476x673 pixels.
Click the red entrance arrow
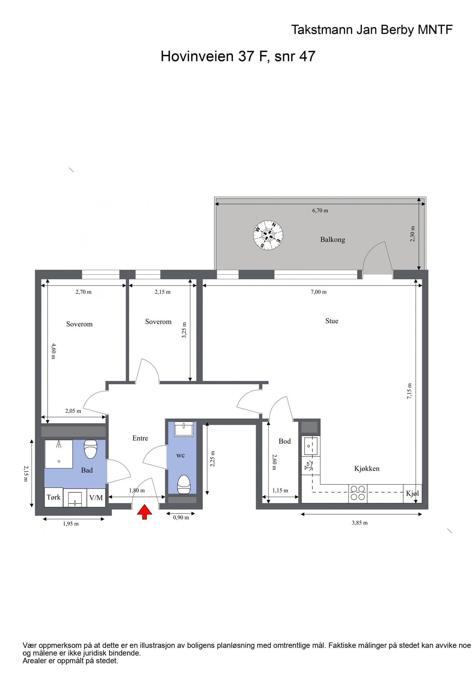pyautogui.click(x=144, y=512)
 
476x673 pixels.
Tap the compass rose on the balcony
pyautogui.click(x=268, y=235)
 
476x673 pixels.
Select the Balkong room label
pyautogui.click(x=333, y=240)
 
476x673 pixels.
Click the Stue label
pyautogui.click(x=332, y=321)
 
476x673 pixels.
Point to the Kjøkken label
pyautogui.click(x=367, y=469)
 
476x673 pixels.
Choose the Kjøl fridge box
pyautogui.click(x=413, y=494)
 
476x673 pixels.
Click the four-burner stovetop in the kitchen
pyautogui.click(x=358, y=494)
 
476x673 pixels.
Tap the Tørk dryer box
pyautogui.click(x=54, y=497)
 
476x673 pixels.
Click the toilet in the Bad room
pyautogui.click(x=91, y=449)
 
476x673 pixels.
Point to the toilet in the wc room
pyautogui.click(x=184, y=485)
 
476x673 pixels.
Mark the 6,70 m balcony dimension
pyautogui.click(x=320, y=211)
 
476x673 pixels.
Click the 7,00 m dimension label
pyautogui.click(x=319, y=292)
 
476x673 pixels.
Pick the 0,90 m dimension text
pyautogui.click(x=181, y=518)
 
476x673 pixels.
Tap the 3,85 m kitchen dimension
pyautogui.click(x=360, y=523)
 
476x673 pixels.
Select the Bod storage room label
pyautogui.click(x=285, y=441)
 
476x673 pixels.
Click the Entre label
pyautogui.click(x=140, y=438)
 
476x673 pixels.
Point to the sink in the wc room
pyautogui.click(x=183, y=429)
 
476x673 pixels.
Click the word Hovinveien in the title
pyautogui.click(x=197, y=56)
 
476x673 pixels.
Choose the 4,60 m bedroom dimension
pyautogui.click(x=54, y=351)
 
